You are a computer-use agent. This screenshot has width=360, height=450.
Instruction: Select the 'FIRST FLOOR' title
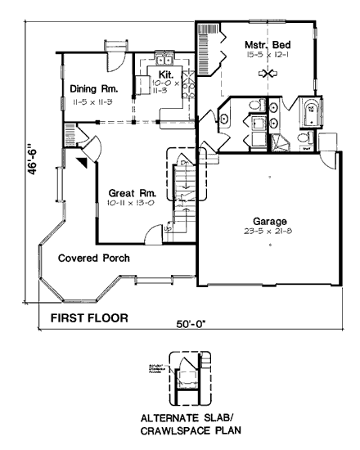[89, 315]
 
